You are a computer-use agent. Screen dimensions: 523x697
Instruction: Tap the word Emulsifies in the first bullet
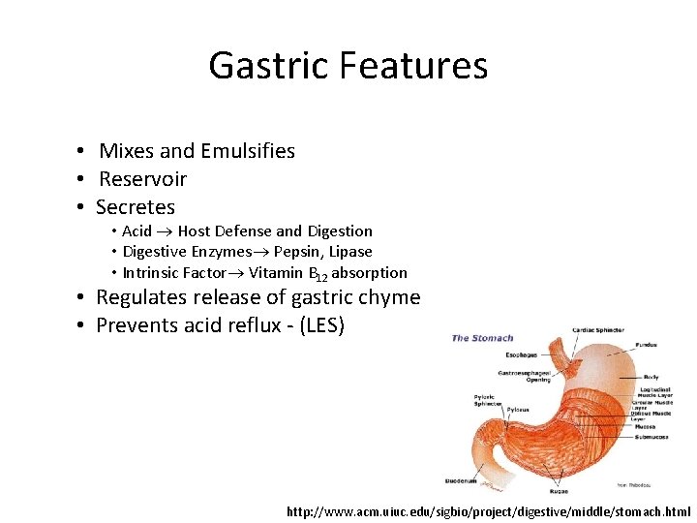tap(248, 151)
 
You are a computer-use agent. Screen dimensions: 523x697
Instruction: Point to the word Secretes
tap(136, 207)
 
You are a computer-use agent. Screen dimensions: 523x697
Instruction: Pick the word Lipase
tap(349, 252)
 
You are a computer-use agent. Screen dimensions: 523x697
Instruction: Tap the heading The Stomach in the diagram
tap(482, 338)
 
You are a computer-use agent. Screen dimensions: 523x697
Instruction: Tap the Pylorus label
tap(518, 410)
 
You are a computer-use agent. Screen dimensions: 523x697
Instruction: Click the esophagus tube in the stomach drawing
tap(558, 351)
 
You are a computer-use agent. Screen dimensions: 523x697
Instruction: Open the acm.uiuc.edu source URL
tap(489, 510)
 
